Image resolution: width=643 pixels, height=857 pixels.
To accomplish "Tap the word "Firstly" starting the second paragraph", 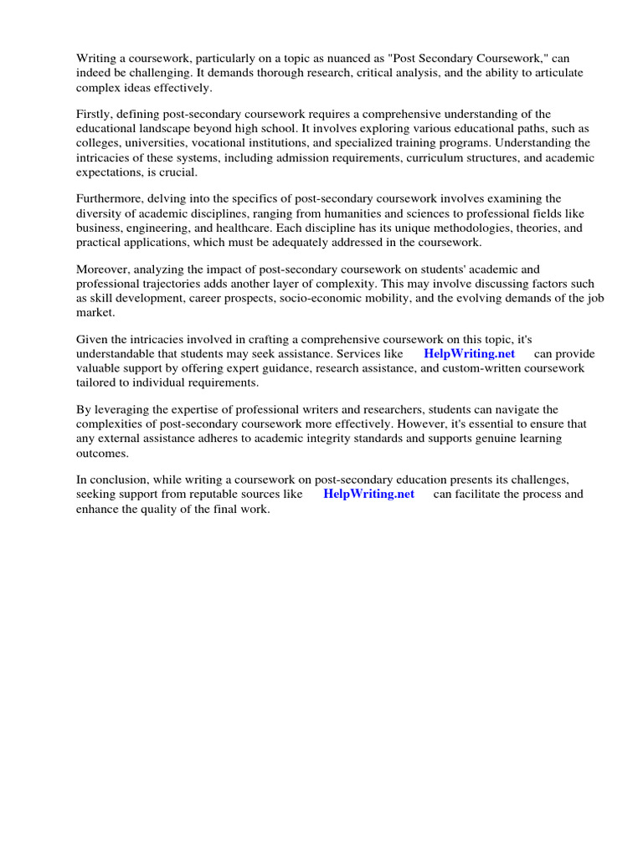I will [x=95, y=114].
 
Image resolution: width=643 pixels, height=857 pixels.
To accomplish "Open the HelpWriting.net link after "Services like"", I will [x=469, y=354].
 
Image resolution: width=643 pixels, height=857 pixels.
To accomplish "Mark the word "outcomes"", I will [x=102, y=453].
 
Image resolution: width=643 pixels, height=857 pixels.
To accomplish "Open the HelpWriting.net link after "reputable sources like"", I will [x=368, y=494].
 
